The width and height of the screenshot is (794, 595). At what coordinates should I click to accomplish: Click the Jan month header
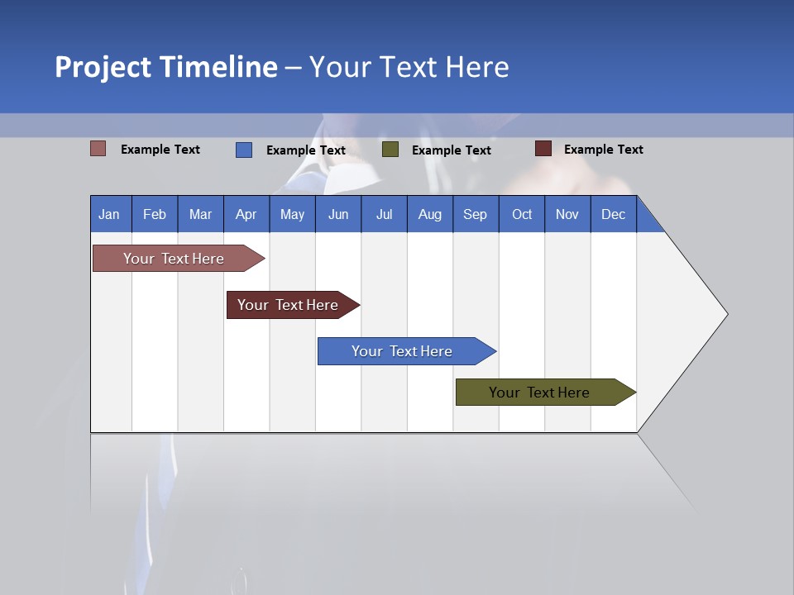point(110,214)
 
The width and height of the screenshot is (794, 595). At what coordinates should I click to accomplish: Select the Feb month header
point(155,214)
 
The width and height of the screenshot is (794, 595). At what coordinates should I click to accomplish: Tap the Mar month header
point(200,214)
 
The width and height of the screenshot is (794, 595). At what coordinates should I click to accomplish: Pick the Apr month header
point(246,214)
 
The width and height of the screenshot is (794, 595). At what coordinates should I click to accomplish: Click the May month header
point(292,214)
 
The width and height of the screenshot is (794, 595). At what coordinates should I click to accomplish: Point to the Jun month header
point(338,214)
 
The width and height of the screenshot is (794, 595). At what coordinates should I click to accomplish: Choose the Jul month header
point(384,214)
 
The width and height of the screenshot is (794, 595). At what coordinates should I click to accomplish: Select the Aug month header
point(430,214)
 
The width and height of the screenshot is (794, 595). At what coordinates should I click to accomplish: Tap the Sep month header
point(476,214)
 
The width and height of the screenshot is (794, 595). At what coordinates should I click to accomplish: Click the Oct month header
point(522,214)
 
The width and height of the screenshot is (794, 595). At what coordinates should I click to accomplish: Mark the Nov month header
point(567,214)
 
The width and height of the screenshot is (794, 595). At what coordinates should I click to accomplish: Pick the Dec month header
point(614,214)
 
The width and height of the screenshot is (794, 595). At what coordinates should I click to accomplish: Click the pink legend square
point(98,149)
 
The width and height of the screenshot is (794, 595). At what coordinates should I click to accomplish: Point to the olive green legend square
point(390,150)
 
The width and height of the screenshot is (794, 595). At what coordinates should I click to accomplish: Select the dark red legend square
point(543,149)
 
